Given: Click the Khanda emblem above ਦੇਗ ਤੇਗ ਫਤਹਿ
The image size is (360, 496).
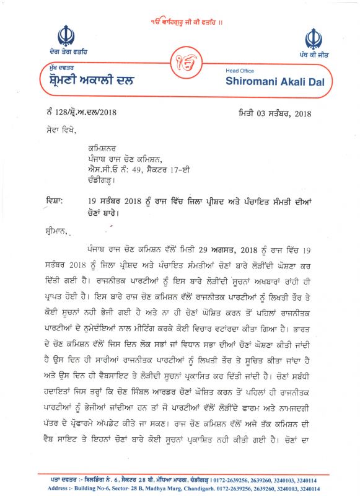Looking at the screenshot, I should [x=66, y=35].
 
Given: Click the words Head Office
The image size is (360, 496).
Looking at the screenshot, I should [x=239, y=71].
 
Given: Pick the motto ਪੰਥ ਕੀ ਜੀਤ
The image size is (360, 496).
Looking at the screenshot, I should [x=312, y=56].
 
